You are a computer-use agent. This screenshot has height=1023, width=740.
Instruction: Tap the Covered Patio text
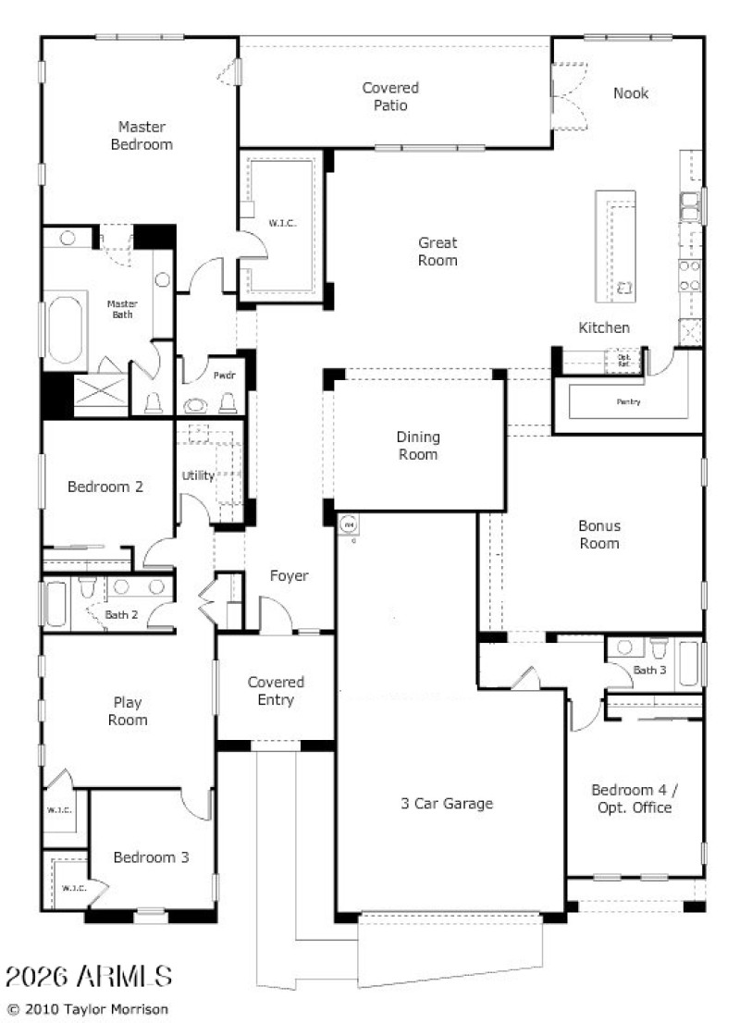coord(389,96)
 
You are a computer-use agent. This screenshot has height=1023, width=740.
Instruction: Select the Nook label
coord(631,93)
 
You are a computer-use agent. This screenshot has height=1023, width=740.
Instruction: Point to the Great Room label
coord(438,252)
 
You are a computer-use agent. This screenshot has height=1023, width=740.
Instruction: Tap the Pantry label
coord(628,402)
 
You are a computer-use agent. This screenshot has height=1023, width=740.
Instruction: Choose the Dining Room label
coord(418,446)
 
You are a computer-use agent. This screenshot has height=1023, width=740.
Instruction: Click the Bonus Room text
coord(599,535)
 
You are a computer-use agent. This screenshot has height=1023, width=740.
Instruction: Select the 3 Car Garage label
coord(447,804)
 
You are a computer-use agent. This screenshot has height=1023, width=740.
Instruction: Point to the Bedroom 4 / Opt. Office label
coord(631,799)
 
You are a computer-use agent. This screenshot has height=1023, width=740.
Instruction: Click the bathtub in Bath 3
coord(688,663)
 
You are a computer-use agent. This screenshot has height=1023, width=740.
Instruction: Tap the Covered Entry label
coord(276,691)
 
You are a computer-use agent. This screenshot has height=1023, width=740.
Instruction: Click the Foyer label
coord(289,576)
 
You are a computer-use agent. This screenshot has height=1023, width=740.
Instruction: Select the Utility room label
coord(198,476)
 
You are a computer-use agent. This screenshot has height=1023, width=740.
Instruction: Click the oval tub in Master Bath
coord(66,329)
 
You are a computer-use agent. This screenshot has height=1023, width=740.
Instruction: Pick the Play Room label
coord(128,711)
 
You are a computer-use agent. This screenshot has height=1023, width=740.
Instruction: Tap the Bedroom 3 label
coord(151,857)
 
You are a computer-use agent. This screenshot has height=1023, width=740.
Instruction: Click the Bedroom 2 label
coord(105,487)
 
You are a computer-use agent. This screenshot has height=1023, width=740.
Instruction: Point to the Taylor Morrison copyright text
coord(88,1009)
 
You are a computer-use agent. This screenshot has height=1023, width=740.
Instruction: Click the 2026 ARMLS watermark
coord(89,975)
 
